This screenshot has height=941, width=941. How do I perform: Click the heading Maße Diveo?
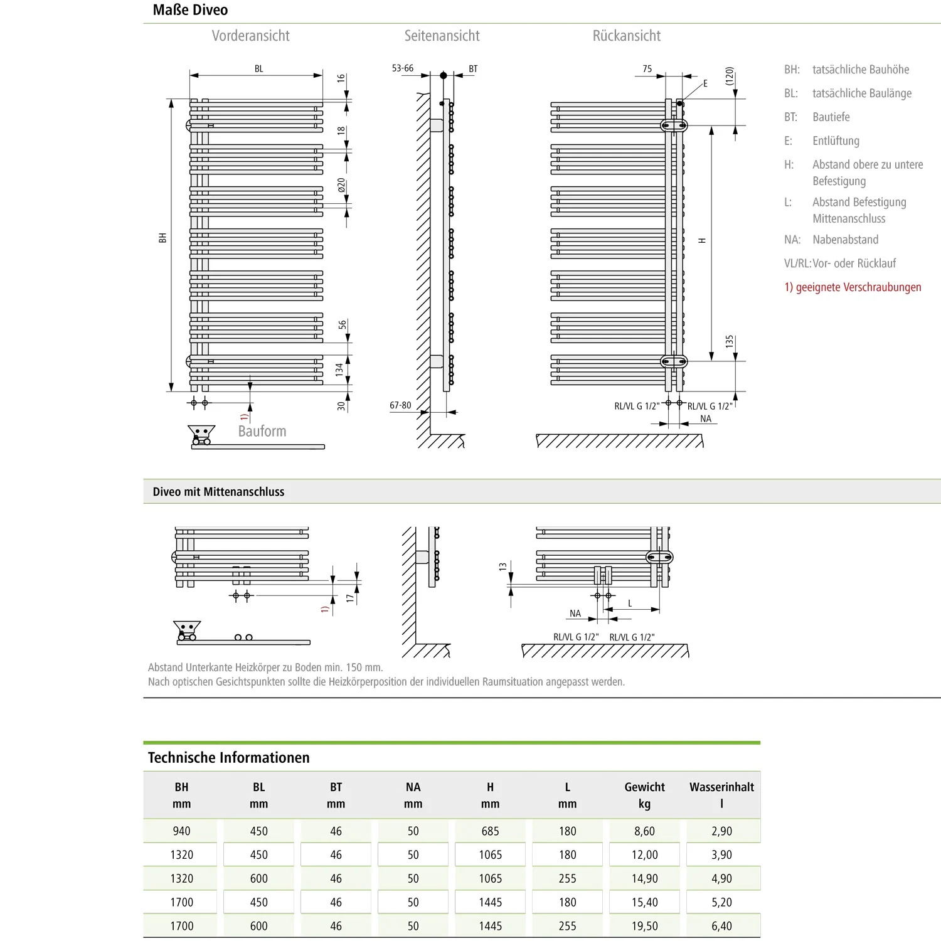click(x=190, y=10)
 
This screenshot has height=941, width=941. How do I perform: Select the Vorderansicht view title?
click(x=250, y=36)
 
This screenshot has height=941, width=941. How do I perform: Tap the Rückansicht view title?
click(x=626, y=36)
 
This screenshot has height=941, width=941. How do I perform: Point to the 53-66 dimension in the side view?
click(x=403, y=68)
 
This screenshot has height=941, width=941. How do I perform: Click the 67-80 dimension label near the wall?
click(x=400, y=405)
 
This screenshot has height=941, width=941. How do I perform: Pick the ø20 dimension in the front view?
click(x=341, y=186)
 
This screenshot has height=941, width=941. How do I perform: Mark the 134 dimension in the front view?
click(x=339, y=369)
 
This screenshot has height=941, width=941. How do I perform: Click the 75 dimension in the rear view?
click(x=647, y=69)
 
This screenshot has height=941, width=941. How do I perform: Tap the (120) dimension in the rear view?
click(x=729, y=76)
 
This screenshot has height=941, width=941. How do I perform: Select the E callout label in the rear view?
click(x=705, y=83)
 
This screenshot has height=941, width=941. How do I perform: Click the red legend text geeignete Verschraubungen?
click(x=853, y=287)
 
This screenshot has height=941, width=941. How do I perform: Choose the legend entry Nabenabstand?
click(x=845, y=240)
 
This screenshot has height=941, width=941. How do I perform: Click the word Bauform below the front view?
click(x=262, y=431)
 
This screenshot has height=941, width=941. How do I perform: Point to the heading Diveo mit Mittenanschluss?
click(x=218, y=492)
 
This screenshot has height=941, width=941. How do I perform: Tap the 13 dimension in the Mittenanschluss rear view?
click(x=502, y=567)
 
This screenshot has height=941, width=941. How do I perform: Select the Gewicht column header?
click(x=644, y=787)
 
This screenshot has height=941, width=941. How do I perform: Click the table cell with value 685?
click(x=490, y=831)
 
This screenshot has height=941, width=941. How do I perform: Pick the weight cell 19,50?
click(x=644, y=926)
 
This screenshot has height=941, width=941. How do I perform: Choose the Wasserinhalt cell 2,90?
click(x=721, y=831)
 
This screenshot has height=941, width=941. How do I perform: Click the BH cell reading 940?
click(x=181, y=831)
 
